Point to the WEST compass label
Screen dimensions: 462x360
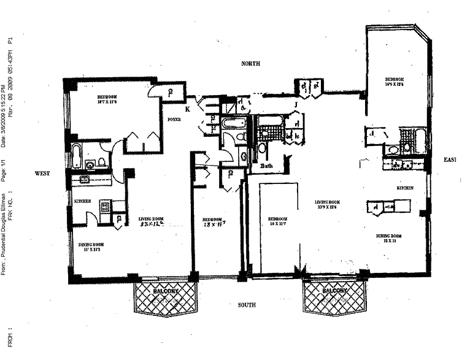(42, 174)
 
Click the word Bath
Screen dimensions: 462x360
(266, 166)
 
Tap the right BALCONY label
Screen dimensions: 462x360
(334, 290)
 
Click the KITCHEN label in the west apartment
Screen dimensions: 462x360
(83, 202)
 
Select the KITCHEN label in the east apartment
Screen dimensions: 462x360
(404, 188)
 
